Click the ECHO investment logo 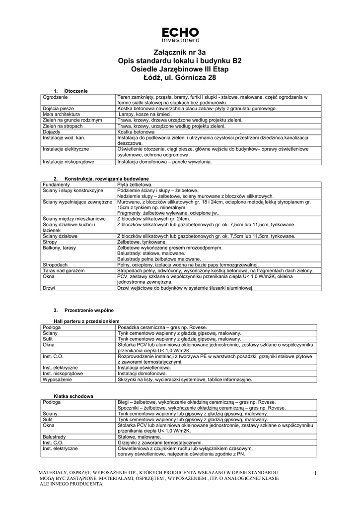click(x=180, y=34)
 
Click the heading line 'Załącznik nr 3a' click(x=180, y=52)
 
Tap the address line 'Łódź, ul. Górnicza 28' click(x=180, y=78)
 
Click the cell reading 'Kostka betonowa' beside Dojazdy click(x=134, y=132)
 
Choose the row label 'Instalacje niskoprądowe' click(x=68, y=161)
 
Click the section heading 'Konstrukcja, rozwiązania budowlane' click(x=107, y=179)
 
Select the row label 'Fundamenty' click(x=57, y=184)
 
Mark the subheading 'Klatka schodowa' click(x=73, y=396)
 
